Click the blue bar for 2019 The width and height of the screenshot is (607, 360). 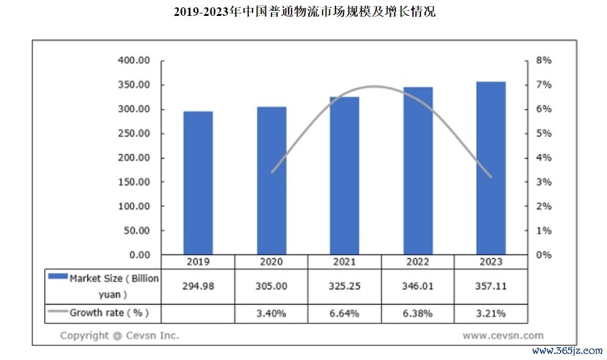click(x=198, y=183)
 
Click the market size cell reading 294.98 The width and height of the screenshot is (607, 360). click(x=198, y=286)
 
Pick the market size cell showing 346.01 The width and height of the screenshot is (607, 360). click(x=418, y=286)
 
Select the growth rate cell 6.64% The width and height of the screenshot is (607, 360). click(x=345, y=314)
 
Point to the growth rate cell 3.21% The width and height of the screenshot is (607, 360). click(x=491, y=314)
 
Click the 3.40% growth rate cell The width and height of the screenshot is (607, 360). click(x=271, y=314)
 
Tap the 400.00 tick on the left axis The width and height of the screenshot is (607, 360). click(x=134, y=60)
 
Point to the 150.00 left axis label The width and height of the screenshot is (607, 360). click(x=134, y=182)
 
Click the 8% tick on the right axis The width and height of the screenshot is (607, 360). click(x=544, y=60)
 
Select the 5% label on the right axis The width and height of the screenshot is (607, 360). click(x=544, y=134)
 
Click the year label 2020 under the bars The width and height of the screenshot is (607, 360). click(x=271, y=262)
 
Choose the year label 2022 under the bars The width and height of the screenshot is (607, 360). click(x=418, y=262)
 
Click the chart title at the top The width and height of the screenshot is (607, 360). click(x=304, y=12)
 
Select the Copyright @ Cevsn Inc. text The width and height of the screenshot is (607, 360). click(x=120, y=335)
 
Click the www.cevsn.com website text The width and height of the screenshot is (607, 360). click(x=503, y=335)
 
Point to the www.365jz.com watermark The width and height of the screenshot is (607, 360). click(x=567, y=351)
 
